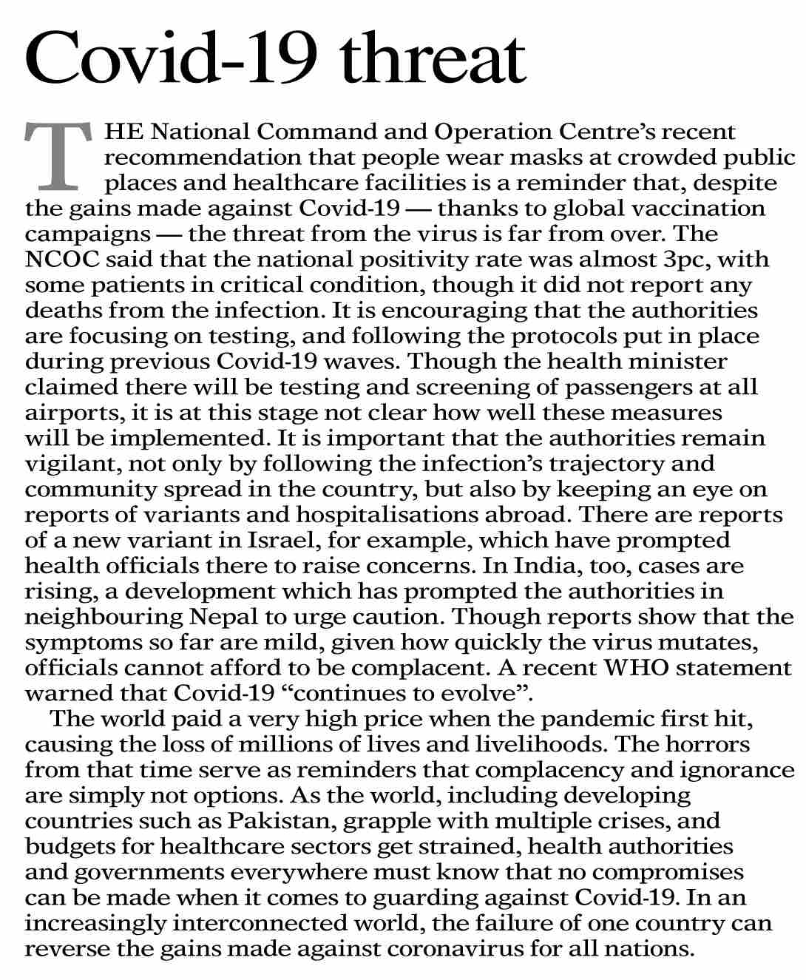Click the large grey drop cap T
pyautogui.click(x=59, y=156)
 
